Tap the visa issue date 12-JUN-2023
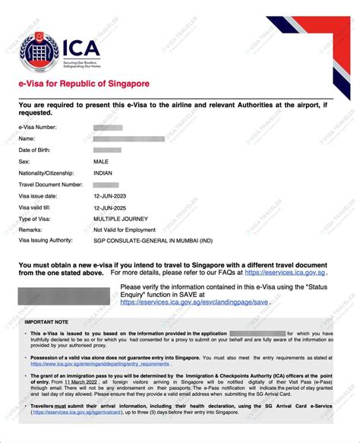coord(112,195)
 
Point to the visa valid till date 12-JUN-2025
coord(112,207)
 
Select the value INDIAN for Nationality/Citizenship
coord(105,172)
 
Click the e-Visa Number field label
coord(39,127)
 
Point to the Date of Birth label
coord(37,150)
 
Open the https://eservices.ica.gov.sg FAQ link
coord(294,271)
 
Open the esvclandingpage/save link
coord(194,302)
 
